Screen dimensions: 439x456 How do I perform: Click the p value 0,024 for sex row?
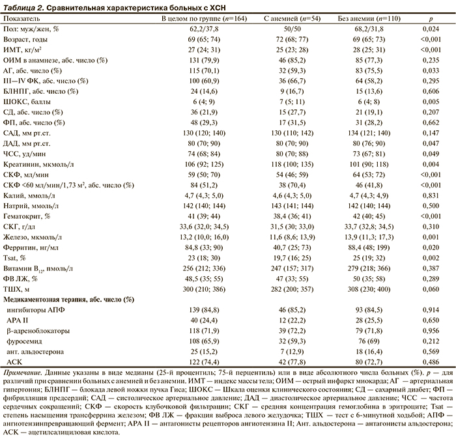(x=429, y=29)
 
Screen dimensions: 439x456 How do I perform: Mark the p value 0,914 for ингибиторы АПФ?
(x=429, y=309)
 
